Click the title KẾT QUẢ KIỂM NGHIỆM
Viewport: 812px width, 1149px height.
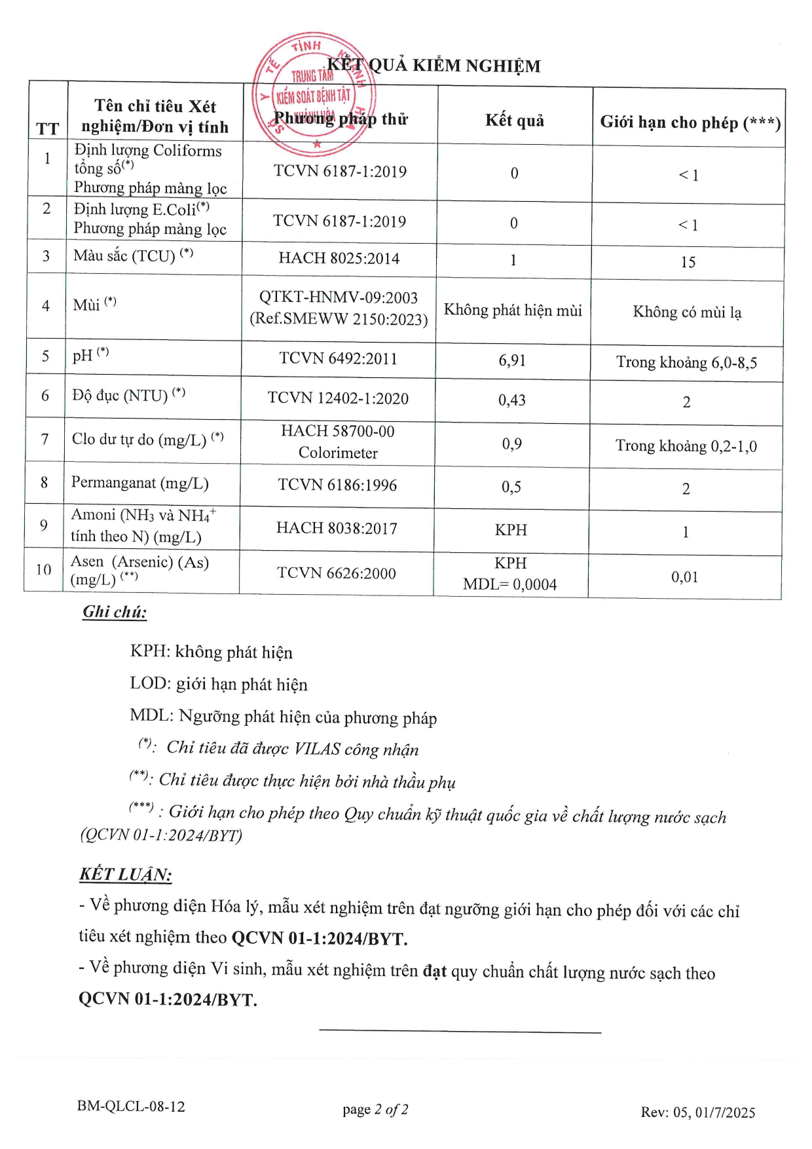pos(434,66)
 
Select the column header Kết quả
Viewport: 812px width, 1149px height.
pos(515,121)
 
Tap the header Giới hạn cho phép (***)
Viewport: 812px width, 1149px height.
pos(690,122)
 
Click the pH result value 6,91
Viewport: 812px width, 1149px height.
pos(512,360)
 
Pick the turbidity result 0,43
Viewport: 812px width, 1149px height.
pos(512,400)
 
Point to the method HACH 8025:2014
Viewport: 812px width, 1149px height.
pos(339,258)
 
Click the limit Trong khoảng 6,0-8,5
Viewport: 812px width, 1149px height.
pos(686,362)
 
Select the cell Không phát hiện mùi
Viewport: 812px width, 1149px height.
pos(513,311)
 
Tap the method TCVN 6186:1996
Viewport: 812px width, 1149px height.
pos(337,485)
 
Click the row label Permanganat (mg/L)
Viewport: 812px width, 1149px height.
pos(139,483)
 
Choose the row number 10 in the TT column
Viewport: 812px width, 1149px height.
pos(43,569)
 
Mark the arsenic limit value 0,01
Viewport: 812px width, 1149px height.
pos(684,577)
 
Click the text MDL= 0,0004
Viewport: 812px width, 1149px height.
pos(509,584)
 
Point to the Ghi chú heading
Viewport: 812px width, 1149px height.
pos(115,612)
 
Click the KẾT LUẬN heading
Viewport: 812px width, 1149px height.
pos(125,875)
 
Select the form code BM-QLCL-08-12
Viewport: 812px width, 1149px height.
pos(131,1106)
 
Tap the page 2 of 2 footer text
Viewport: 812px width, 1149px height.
pos(375,1109)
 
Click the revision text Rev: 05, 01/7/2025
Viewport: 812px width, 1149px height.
pos(697,1112)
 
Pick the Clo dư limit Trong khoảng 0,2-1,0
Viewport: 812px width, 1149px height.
pos(686,446)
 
